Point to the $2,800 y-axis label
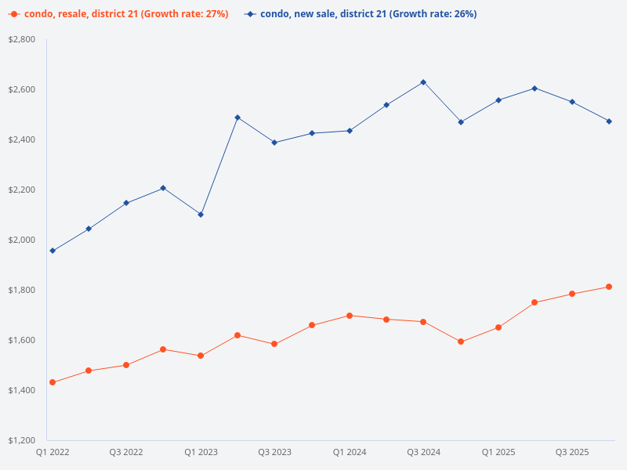[x=22, y=39]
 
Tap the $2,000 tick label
[x=22, y=240]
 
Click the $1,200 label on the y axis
[x=22, y=440]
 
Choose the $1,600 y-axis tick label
[x=22, y=340]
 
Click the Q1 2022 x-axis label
[x=52, y=452]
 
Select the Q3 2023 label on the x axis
[x=274, y=452]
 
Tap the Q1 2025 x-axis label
[x=498, y=452]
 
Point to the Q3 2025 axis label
[x=572, y=452]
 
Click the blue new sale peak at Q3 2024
[x=423, y=82]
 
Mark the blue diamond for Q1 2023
[x=201, y=215]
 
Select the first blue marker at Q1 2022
[x=53, y=251]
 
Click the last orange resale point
[x=609, y=287]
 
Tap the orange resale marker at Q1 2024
[x=350, y=316]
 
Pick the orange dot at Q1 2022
[x=53, y=382]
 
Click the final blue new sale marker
[x=609, y=121]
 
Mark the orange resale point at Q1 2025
[x=498, y=327]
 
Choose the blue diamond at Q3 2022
[x=126, y=203]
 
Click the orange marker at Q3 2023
[x=274, y=344]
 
